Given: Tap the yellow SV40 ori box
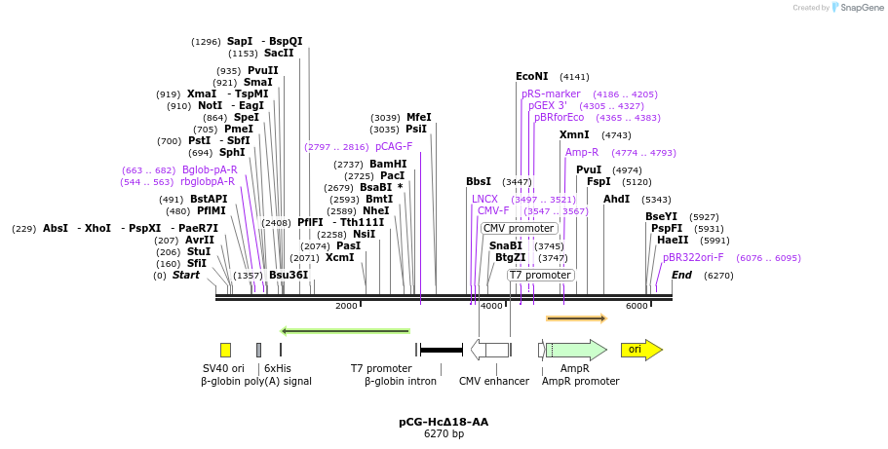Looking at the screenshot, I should (225, 350).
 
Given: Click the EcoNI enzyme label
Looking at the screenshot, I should (532, 76).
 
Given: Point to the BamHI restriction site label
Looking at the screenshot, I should (388, 164).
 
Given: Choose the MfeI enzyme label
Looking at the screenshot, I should (418, 117).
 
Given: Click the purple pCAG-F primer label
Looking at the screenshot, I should (394, 146).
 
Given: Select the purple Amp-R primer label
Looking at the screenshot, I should (582, 152).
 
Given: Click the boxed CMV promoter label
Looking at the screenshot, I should (520, 228).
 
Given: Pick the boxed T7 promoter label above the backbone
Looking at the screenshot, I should (540, 275).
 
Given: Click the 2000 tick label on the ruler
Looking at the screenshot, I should (346, 306).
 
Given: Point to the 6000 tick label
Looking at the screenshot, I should (637, 306).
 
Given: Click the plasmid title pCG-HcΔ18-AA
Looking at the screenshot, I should (444, 422).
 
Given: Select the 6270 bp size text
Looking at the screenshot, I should (444, 433).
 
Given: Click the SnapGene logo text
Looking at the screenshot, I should (857, 8).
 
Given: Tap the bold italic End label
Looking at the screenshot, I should (681, 275).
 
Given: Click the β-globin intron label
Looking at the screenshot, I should (401, 381).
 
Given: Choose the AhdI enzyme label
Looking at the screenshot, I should (617, 199).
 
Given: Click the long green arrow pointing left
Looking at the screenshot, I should (345, 331).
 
